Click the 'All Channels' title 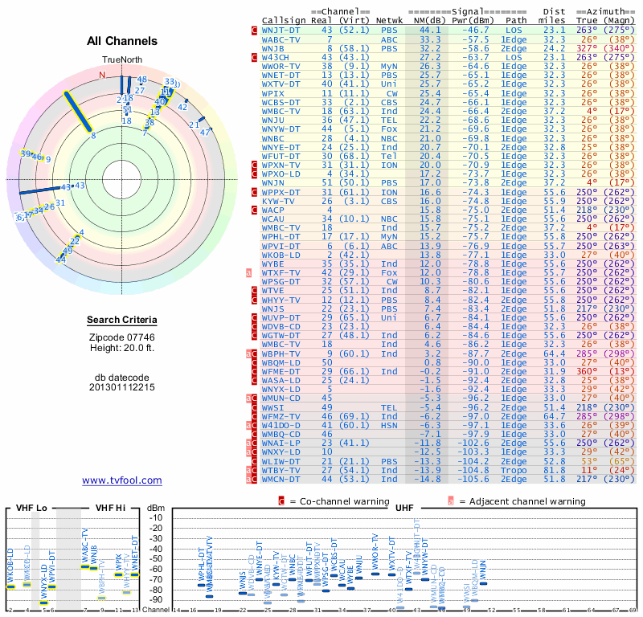[122, 41]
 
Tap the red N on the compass [102, 76]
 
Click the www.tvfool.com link [122, 480]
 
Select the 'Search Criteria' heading [122, 321]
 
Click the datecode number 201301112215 [122, 386]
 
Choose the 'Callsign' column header [284, 19]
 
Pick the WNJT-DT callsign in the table [281, 30]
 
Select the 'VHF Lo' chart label [31, 509]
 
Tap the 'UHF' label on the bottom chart [405, 509]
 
